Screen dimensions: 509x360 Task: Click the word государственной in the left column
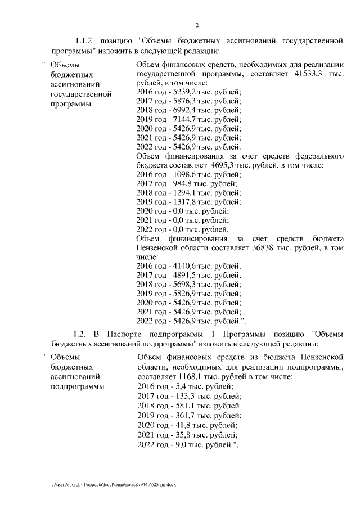[x=79, y=93]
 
